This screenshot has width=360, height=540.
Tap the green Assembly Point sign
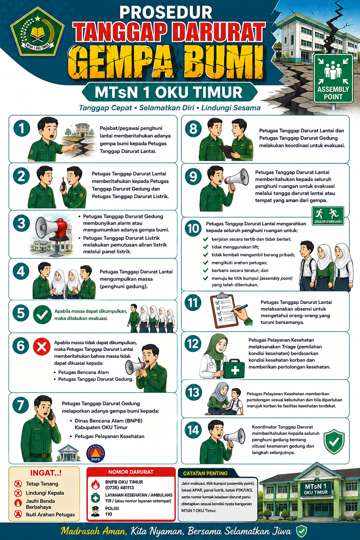click(333, 79)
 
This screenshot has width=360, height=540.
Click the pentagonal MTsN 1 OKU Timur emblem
click(38, 31)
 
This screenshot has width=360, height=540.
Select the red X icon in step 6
click(42, 346)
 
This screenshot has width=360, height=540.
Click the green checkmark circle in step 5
click(42, 315)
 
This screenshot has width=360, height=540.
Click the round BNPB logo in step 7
click(96, 453)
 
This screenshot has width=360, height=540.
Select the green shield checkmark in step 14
click(334, 442)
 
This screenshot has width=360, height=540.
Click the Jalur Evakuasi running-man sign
click(328, 216)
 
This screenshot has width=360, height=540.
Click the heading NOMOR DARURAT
click(131, 472)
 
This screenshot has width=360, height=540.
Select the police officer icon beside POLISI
click(96, 511)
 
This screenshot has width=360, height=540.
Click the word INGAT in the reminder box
click(43, 473)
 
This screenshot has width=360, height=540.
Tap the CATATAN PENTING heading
click(205, 473)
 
